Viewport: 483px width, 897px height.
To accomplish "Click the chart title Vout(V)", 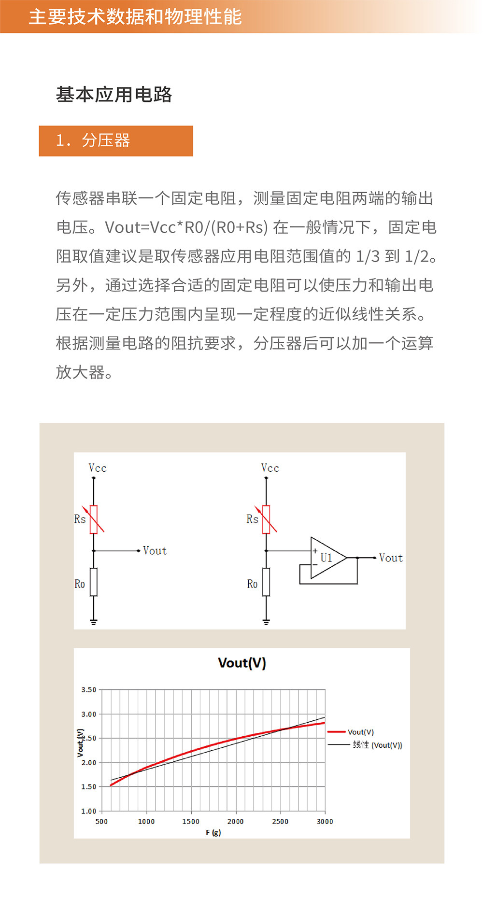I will tap(242, 663).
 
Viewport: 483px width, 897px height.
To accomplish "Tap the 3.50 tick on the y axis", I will tap(89, 689).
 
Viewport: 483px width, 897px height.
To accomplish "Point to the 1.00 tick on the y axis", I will tap(89, 811).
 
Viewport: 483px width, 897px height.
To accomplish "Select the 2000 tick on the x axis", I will tap(235, 821).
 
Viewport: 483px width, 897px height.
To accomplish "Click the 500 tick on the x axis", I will tap(101, 821).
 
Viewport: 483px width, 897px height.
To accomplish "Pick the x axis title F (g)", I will tap(213, 832).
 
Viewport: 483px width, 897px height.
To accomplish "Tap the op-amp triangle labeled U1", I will tap(326, 558).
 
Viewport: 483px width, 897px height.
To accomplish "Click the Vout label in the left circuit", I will tap(155, 551).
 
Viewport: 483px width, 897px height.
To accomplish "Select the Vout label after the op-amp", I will tap(391, 558).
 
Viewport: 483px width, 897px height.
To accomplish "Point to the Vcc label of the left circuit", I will tap(98, 468).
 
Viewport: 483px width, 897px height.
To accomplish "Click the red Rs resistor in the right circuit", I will tap(266, 519).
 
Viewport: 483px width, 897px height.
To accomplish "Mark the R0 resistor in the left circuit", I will tap(94, 582).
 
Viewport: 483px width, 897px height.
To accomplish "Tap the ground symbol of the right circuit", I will tap(266, 622).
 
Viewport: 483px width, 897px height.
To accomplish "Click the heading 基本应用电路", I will tap(114, 94).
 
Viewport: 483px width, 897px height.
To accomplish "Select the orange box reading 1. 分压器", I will tap(116, 141).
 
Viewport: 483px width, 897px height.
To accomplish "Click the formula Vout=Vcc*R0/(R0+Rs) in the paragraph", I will tap(186, 227).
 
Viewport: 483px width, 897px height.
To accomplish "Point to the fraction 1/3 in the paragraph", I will tap(368, 256).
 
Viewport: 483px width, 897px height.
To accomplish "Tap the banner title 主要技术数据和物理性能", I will tap(135, 17).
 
